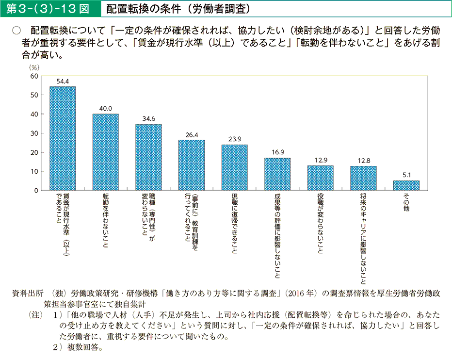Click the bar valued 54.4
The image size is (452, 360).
[x=63, y=138]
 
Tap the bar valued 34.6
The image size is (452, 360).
[x=148, y=157]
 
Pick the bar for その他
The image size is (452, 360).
[x=406, y=185]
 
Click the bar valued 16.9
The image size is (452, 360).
[x=277, y=174]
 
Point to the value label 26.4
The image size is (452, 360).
[x=192, y=135]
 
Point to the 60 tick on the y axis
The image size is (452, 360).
[x=34, y=76]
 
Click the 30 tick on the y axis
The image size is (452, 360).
[x=34, y=133]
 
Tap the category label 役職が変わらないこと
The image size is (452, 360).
[x=320, y=224]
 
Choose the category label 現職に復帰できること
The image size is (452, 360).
[x=234, y=224]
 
